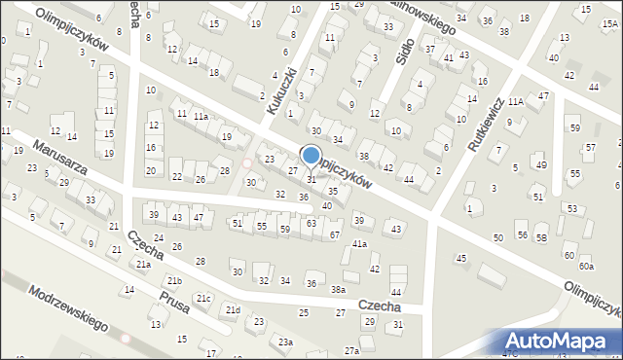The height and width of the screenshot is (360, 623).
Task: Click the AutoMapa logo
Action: click(559, 341)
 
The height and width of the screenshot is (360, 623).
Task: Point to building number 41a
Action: click(360, 243)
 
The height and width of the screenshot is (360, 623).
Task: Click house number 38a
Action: click(338, 290)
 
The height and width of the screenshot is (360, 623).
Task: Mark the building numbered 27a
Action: click(351, 350)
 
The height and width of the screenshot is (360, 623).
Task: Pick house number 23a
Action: click(284, 342)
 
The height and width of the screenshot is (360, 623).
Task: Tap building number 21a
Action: click(143, 265)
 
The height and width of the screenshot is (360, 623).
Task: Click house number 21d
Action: click(233, 310)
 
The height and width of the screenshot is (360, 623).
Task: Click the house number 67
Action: click(335, 235)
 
